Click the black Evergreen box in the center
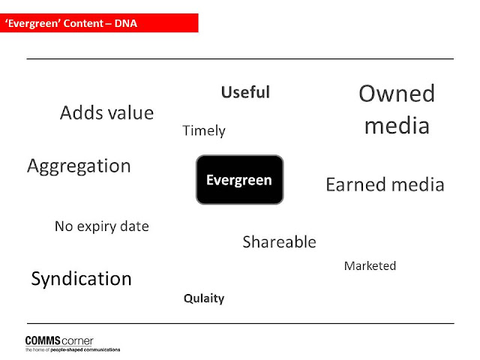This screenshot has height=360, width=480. pos(240,179)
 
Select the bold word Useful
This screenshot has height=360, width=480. pos(245,92)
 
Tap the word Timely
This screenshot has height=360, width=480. pos(204,130)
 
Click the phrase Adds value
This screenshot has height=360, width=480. pos(106,112)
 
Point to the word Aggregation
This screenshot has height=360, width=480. pos(79,166)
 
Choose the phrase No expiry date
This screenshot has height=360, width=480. pos(102,226)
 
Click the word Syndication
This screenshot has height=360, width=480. pos(82,278)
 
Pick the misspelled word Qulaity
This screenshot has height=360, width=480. pos(204,298)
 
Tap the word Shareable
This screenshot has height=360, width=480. pos(279,241)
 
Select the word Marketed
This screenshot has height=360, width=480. pos(370,265)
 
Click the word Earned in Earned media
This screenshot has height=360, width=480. pos(356,184)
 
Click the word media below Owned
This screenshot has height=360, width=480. pos(397,125)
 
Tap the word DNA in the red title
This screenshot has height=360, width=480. pos(125,23)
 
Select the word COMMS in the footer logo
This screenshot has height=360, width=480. pos(43,340)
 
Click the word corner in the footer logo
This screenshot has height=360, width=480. pos(77,341)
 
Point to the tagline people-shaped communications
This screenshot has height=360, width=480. pos(85,349)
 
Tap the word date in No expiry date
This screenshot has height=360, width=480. pos(134,226)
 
